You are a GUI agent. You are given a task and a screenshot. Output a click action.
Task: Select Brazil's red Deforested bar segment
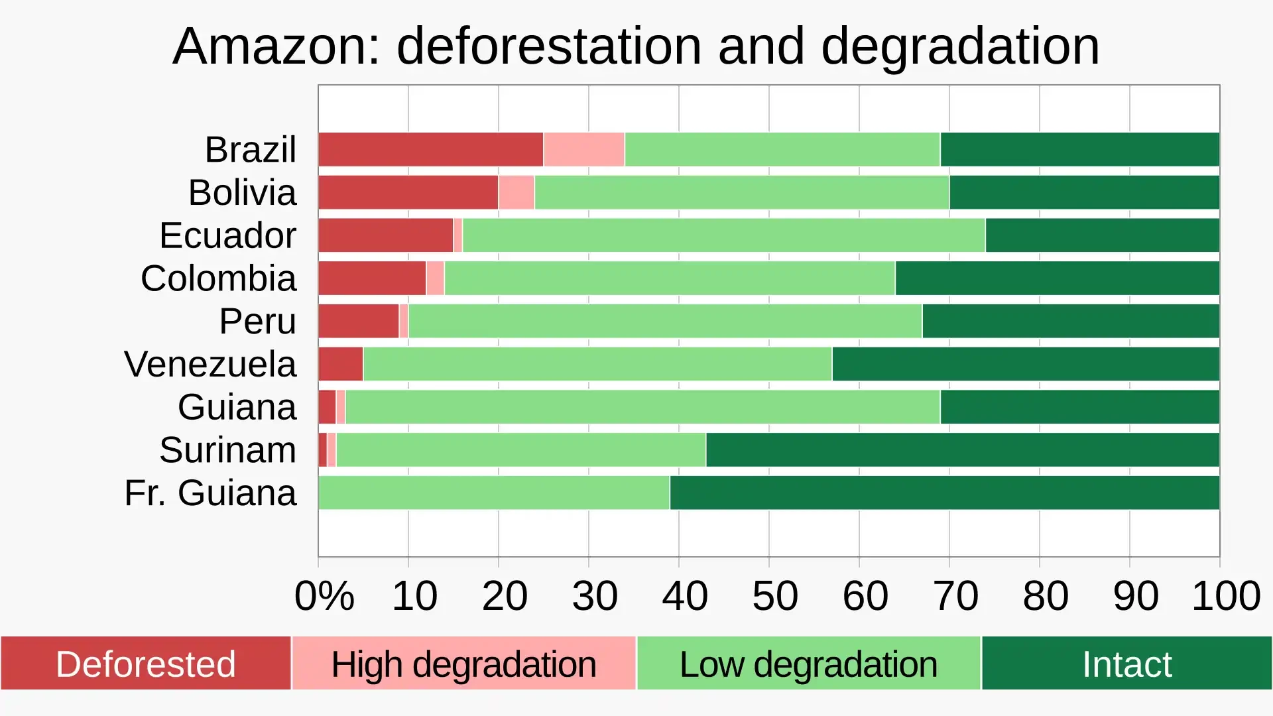tap(430, 149)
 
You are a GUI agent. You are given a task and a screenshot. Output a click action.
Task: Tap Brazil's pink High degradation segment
tap(583, 149)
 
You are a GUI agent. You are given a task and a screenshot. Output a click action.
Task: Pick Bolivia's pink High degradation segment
tap(516, 192)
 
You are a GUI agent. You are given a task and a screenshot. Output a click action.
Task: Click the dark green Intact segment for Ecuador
tap(1102, 235)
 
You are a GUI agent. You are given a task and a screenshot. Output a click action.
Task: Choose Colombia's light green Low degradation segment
tap(669, 278)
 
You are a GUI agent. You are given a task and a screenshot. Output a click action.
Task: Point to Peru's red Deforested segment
tap(358, 322)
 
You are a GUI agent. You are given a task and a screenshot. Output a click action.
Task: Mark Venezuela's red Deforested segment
tap(340, 364)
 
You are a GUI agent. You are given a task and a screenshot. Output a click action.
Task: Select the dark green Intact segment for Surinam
tap(962, 450)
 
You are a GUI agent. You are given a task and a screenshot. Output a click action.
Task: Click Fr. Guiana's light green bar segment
tap(493, 493)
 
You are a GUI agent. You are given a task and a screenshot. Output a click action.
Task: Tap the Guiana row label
tap(237, 407)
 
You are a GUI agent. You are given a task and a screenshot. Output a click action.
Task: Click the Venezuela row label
tap(210, 364)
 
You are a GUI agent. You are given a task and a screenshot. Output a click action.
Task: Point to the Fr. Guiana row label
tap(210, 493)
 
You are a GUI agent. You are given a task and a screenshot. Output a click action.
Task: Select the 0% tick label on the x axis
tap(324, 595)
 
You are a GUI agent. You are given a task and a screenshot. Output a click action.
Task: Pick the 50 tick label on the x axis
tap(774, 595)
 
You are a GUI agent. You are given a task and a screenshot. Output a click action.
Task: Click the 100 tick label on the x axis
tap(1225, 595)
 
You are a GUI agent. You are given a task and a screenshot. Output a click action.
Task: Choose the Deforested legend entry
tap(145, 664)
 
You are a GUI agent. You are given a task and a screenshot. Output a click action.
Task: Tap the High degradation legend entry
tap(463, 664)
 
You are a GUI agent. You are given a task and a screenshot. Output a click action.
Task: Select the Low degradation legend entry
tap(808, 664)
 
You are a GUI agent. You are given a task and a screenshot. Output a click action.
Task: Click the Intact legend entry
tap(1126, 664)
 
